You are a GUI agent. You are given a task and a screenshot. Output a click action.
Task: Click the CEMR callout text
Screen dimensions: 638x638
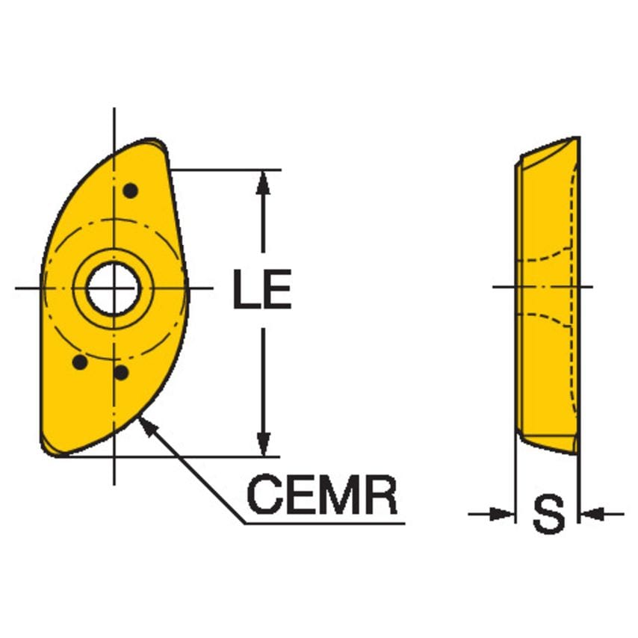pos(322,495)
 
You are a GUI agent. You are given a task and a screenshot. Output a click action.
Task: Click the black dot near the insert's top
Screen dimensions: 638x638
pos(131,191)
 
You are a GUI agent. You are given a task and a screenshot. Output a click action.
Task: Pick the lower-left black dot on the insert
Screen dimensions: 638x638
pos(79,362)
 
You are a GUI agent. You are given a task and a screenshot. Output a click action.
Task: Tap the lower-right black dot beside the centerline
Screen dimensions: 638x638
pos(122,371)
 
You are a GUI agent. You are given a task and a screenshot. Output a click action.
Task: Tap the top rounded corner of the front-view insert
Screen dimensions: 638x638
pos(155,142)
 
